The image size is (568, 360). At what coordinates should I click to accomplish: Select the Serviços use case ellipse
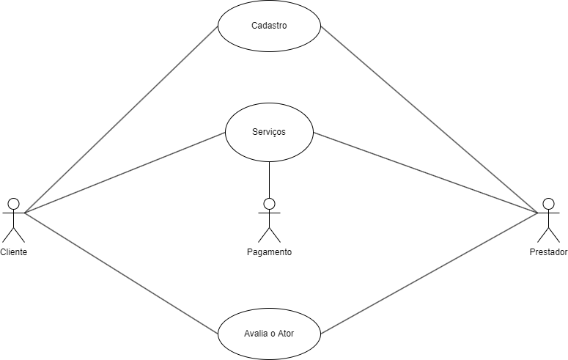pyautogui.click(x=269, y=133)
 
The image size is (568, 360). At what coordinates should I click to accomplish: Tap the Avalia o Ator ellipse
pyautogui.click(x=269, y=333)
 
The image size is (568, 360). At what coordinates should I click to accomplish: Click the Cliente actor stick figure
pyautogui.click(x=13, y=220)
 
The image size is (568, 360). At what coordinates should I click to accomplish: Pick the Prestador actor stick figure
pyautogui.click(x=547, y=220)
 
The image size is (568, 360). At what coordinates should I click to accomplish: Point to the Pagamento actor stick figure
pyautogui.click(x=269, y=220)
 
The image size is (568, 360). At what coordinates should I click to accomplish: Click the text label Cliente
pyautogui.click(x=13, y=252)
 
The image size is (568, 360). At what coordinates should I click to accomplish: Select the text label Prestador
pyautogui.click(x=548, y=252)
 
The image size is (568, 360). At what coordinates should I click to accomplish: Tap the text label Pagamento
pyautogui.click(x=269, y=252)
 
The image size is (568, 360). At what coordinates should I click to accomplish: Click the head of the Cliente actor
pyautogui.click(x=13, y=203)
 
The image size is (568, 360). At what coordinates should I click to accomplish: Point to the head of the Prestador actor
pyautogui.click(x=547, y=203)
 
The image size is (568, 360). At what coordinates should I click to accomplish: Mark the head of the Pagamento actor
pyautogui.click(x=269, y=203)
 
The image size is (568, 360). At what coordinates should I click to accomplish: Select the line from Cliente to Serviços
pyautogui.click(x=124, y=173)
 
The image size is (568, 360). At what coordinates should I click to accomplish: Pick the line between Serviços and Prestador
pyautogui.click(x=425, y=173)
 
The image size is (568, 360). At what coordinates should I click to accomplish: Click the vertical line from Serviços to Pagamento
pyautogui.click(x=269, y=179)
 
